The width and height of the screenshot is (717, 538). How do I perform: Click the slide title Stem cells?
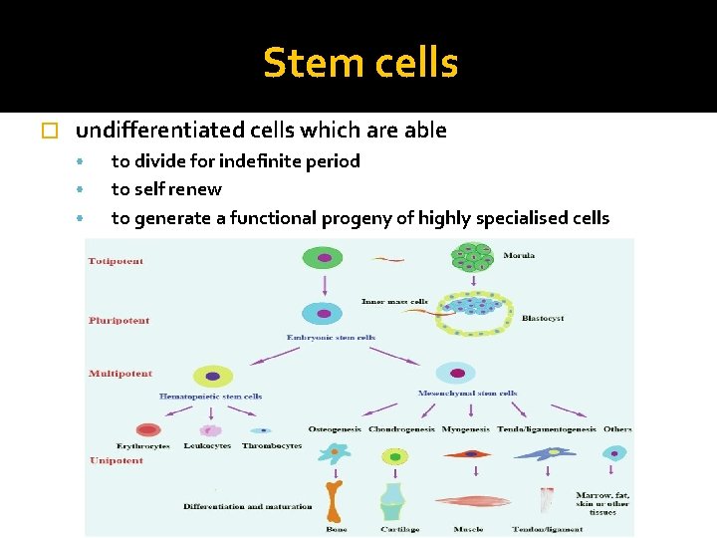(360, 64)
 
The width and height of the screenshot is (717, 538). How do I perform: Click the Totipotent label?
(116, 261)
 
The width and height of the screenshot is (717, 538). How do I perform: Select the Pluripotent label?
(119, 321)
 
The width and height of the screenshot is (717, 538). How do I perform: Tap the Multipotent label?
(120, 374)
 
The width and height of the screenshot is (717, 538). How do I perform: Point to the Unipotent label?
(117, 461)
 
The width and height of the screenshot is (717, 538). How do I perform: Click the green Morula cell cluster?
(472, 257)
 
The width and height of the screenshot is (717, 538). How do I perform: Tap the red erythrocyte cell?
(148, 430)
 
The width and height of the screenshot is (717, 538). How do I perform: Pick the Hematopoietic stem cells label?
(210, 397)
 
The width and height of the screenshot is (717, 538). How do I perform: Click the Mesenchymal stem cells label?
(467, 394)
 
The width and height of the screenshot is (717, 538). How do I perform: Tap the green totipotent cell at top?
(324, 258)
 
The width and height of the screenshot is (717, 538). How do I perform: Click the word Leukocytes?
(208, 445)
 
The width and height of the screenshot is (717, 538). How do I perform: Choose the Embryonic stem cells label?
(324, 338)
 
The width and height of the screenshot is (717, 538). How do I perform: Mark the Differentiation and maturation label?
(247, 506)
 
